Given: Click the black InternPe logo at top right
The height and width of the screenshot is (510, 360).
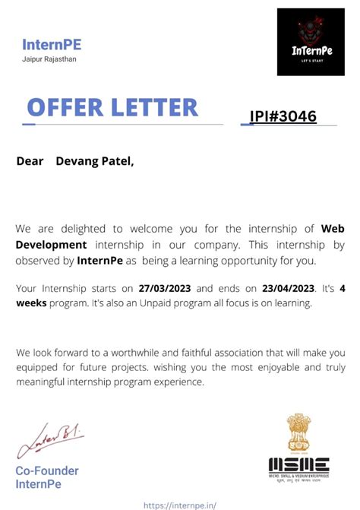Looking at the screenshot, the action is [x=311, y=42].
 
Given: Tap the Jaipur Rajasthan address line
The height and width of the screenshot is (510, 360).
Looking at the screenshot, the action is [x=49, y=59].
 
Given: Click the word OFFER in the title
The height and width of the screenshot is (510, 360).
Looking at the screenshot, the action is [x=66, y=106].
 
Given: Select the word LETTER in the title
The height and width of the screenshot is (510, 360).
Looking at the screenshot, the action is [x=155, y=106].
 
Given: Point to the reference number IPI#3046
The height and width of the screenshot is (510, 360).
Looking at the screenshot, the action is [x=283, y=116].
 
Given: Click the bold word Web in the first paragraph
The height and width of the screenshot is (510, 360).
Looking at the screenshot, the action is [x=333, y=228].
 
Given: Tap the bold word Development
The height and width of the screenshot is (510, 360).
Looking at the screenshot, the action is [x=51, y=244].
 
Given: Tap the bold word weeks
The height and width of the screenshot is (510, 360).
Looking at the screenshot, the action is [x=31, y=304].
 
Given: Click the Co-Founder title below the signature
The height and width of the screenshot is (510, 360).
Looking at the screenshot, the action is [x=47, y=470].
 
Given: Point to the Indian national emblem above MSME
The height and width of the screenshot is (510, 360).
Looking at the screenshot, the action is [x=298, y=433].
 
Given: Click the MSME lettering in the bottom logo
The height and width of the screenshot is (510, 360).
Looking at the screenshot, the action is [x=298, y=464].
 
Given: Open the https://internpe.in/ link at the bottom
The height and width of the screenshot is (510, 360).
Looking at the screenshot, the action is [x=179, y=504].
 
